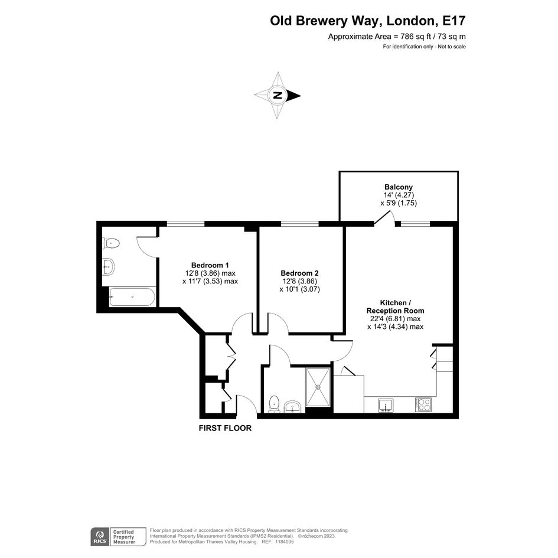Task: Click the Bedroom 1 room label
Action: (x=210, y=265)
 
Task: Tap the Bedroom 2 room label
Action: (x=299, y=273)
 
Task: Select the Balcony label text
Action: (x=399, y=187)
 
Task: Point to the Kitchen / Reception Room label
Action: (x=396, y=307)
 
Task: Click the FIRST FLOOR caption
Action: (x=225, y=428)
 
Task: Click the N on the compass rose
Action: (x=278, y=96)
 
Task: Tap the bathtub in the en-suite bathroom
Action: (x=132, y=297)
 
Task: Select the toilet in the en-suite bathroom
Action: (x=111, y=243)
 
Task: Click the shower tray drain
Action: (x=318, y=387)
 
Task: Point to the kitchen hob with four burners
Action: (x=423, y=404)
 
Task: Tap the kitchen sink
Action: (x=386, y=405)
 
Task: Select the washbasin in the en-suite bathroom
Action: (x=108, y=266)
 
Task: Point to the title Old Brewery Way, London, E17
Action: (x=368, y=21)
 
